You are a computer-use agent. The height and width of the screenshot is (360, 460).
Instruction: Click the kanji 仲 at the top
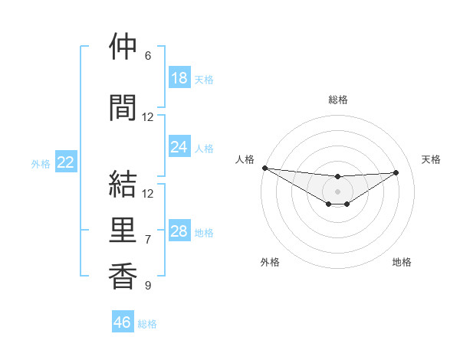123,47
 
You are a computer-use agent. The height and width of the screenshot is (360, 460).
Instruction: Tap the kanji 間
123,108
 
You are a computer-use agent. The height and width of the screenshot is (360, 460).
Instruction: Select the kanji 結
123,184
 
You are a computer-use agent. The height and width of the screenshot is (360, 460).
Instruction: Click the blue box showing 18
179,78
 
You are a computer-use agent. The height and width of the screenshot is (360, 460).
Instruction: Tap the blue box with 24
179,147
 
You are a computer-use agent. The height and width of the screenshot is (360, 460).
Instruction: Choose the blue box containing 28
179,231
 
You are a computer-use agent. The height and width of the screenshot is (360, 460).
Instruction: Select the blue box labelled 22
66,162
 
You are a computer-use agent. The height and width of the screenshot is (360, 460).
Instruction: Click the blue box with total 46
123,322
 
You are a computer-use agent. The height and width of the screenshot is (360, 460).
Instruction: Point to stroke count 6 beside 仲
147,56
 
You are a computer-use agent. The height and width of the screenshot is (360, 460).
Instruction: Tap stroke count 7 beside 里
147,240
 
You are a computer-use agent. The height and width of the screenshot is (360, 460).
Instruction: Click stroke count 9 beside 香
147,286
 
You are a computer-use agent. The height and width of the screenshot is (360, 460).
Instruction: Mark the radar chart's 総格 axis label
337,100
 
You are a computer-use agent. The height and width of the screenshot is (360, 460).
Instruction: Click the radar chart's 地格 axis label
402,262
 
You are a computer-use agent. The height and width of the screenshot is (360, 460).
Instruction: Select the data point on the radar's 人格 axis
264,168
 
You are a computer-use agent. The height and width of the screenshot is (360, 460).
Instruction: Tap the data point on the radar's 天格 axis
396,172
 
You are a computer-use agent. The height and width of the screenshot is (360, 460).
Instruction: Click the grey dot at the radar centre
337,191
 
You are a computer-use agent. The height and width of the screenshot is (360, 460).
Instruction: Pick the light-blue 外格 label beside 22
40,163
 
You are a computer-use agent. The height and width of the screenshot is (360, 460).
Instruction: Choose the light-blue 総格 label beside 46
147,324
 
